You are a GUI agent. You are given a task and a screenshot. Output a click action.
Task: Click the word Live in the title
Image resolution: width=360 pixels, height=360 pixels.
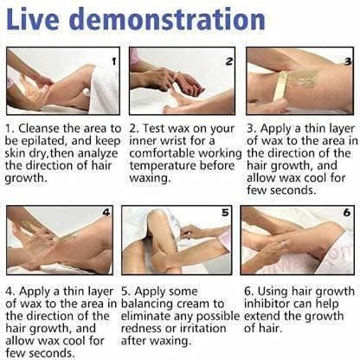click(33, 19)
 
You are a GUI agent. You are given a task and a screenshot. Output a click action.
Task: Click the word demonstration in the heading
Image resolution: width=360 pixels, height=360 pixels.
click(167, 19)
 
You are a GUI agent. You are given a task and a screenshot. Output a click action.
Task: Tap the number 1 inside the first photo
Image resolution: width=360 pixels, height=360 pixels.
click(114, 61)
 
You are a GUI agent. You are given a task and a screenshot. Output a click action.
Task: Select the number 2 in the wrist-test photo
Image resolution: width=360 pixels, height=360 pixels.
click(229, 61)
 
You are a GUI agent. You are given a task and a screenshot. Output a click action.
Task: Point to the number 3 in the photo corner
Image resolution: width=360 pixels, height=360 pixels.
click(348, 61)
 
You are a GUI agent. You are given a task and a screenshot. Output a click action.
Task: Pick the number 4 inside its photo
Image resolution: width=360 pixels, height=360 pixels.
click(106, 213)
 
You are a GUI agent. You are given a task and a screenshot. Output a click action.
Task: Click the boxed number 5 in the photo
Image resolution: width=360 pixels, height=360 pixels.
click(225, 213)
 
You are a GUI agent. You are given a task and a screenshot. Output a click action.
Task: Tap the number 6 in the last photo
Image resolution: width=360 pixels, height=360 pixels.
click(347, 213)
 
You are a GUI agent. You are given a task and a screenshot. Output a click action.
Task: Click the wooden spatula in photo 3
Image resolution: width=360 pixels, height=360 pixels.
click(280, 87)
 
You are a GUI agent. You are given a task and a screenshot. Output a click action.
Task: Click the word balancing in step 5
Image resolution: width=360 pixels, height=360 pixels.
click(147, 304)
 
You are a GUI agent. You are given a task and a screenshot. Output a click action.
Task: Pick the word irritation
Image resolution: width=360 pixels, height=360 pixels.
click(202, 328)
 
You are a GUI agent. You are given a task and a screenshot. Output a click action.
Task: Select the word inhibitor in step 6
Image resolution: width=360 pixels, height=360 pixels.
click(267, 304)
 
